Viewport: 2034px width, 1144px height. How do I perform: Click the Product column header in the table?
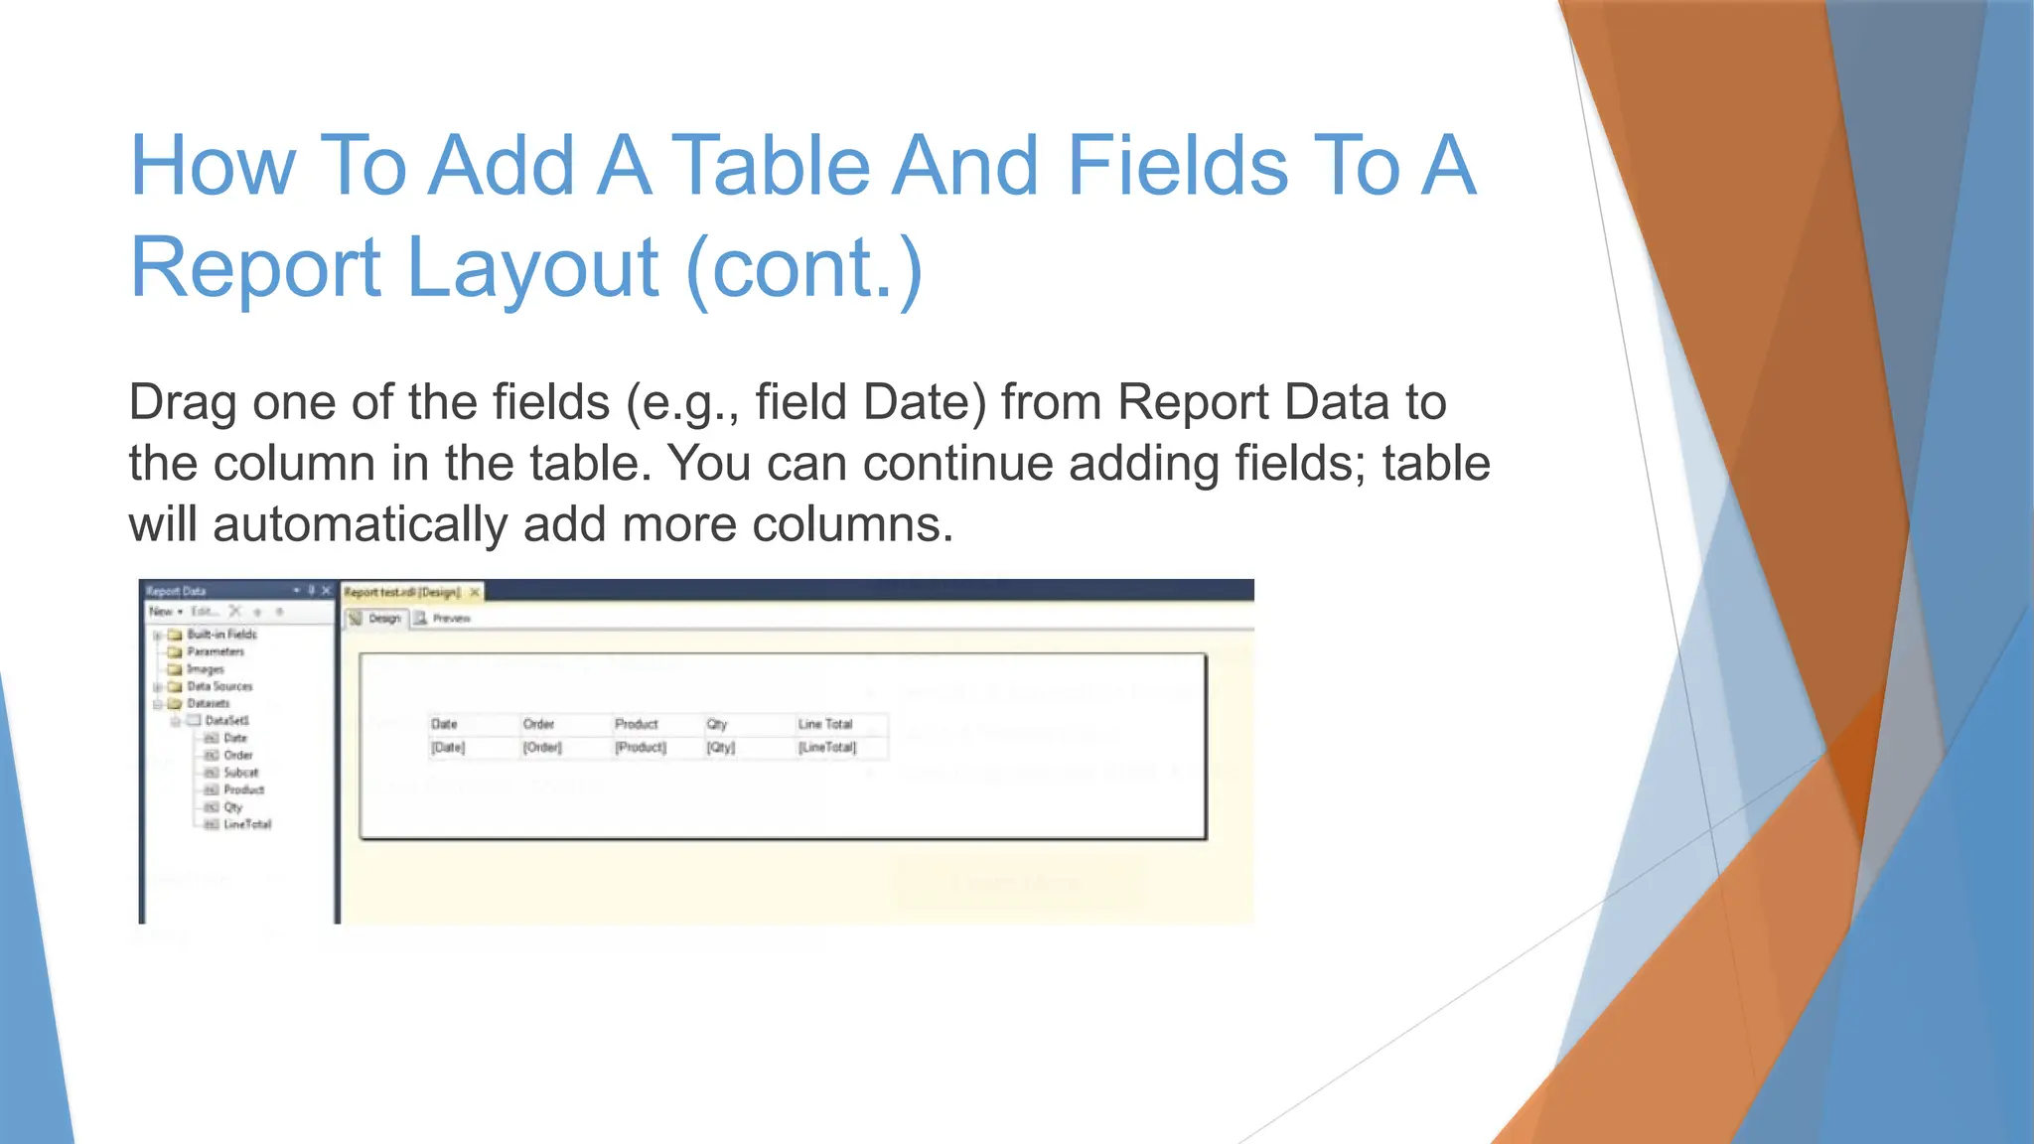pos(636,724)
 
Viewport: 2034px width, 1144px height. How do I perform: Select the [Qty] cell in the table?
pos(721,747)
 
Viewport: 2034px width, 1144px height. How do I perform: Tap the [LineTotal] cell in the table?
pos(827,747)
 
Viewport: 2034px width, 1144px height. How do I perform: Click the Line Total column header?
pos(824,724)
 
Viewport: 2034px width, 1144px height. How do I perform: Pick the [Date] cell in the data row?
pos(448,747)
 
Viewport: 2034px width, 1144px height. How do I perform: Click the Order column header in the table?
pos(538,724)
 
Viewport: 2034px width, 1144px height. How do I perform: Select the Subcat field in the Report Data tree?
pos(240,772)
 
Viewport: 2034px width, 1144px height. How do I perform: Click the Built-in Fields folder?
pos(221,634)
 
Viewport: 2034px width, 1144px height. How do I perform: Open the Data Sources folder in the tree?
pos(219,686)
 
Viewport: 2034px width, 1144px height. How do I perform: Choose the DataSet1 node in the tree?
pos(226,720)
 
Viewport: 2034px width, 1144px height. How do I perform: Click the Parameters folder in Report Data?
pos(215,651)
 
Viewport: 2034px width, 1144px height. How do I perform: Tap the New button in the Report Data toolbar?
pos(162,612)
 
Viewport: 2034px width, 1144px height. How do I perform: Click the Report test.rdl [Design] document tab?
pos(402,592)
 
